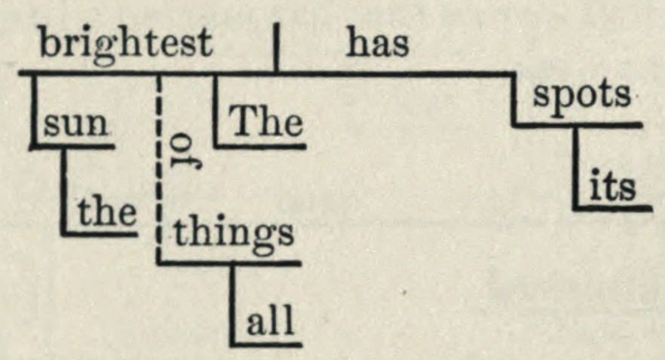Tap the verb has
(378, 43)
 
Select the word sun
(76, 124)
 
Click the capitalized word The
(266, 121)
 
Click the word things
(234, 234)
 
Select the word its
(613, 185)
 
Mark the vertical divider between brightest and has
(277, 48)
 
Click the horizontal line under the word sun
(73, 147)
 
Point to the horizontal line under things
(229, 264)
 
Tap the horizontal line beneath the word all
(266, 344)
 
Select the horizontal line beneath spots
(577, 125)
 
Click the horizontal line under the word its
(612, 208)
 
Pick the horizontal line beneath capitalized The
(260, 146)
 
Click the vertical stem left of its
(576, 168)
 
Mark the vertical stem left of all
(234, 304)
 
